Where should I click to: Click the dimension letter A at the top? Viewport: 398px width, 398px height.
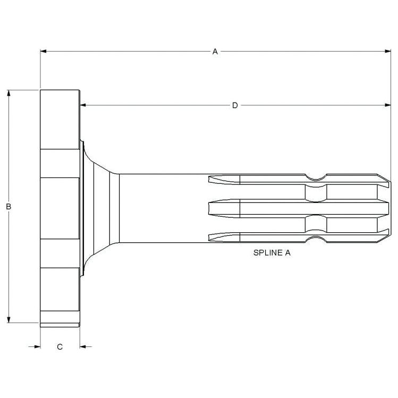click(215, 52)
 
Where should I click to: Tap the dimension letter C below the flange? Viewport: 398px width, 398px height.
click(60, 347)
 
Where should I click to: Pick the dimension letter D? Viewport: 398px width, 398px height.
click(235, 105)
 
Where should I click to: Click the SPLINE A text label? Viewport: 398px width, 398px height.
click(272, 253)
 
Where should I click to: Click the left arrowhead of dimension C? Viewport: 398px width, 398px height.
click(37, 347)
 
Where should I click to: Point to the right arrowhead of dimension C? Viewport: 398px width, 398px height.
click(83, 347)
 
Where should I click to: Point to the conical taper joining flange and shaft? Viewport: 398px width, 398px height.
click(98, 207)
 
